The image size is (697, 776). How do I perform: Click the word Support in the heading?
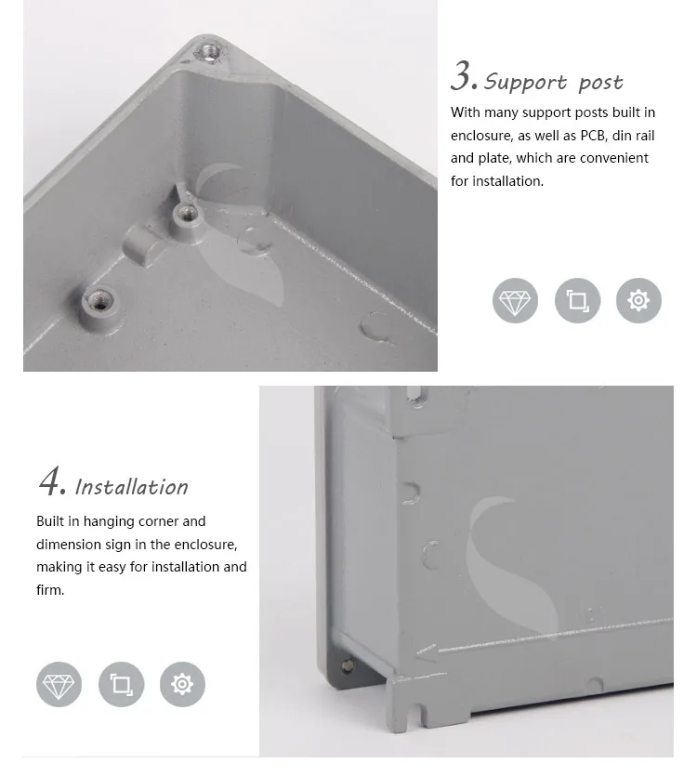click(525, 82)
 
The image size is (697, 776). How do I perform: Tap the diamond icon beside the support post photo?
click(515, 301)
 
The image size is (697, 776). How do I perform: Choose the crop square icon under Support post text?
click(577, 301)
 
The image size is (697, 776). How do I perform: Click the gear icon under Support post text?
click(638, 301)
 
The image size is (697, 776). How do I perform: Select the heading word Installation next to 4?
click(131, 487)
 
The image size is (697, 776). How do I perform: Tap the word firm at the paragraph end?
click(49, 590)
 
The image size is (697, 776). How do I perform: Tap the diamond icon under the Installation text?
click(59, 685)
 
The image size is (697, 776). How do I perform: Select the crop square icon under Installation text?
click(121, 685)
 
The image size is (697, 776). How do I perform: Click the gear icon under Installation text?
click(182, 685)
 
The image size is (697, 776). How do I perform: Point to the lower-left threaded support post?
click(98, 300)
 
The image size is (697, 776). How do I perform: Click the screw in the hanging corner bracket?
click(348, 665)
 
